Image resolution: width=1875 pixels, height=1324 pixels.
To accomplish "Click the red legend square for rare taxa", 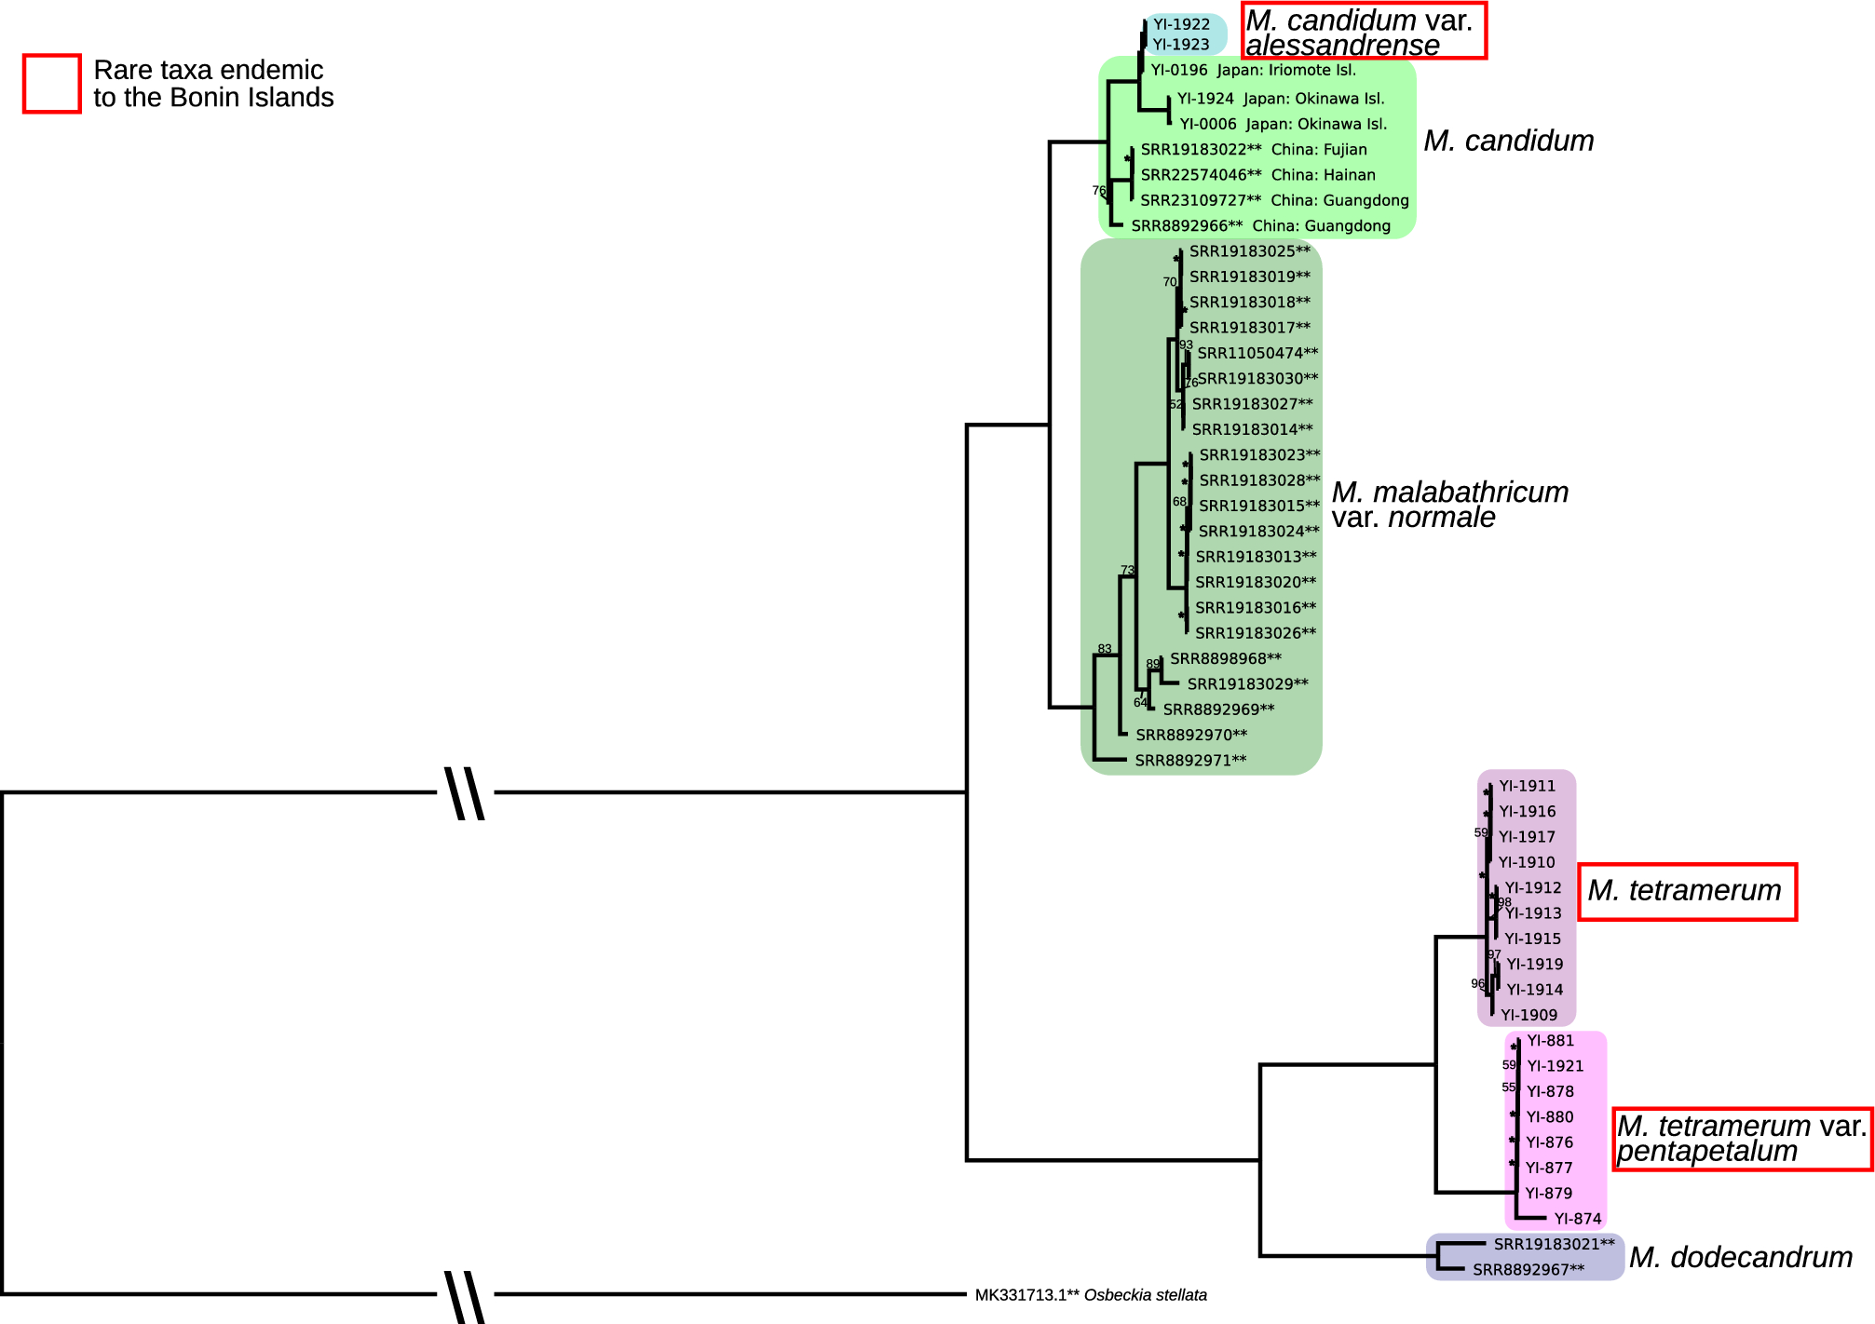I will click(52, 84).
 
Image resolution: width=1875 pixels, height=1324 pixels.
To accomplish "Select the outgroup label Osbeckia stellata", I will click(1091, 1295).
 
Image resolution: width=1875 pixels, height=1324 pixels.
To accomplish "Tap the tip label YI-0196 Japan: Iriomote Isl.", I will click(1253, 70).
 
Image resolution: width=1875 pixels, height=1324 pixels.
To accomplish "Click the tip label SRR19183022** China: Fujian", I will click(1253, 149).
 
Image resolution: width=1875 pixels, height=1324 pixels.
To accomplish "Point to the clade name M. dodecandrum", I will click(1740, 1257).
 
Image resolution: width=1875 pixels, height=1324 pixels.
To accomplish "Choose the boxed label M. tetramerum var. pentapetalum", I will click(1742, 1139).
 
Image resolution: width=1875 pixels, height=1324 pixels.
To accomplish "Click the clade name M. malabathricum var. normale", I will click(1449, 504).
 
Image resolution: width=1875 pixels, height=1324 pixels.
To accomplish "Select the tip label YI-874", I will click(1577, 1219).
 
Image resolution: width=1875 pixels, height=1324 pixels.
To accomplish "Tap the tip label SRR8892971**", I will click(1190, 761).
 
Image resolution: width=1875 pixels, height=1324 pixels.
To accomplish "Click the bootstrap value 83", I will click(1105, 649).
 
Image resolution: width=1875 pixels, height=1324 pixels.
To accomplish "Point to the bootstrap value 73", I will click(1127, 570).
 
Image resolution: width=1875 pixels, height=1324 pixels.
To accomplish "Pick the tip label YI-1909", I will click(1529, 1015).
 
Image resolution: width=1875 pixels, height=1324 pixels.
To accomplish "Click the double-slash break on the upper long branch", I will click(465, 793).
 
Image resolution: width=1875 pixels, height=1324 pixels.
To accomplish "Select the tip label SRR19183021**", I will click(1554, 1244).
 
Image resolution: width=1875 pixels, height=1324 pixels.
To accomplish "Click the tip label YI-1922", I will click(1181, 24).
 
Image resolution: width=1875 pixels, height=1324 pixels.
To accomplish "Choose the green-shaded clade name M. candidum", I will click(1508, 141).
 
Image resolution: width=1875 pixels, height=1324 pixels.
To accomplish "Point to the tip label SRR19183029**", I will click(1247, 683).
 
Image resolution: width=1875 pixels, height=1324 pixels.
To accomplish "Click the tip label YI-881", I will click(1550, 1041).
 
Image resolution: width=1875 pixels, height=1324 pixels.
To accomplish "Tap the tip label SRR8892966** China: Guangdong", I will click(1260, 225).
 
